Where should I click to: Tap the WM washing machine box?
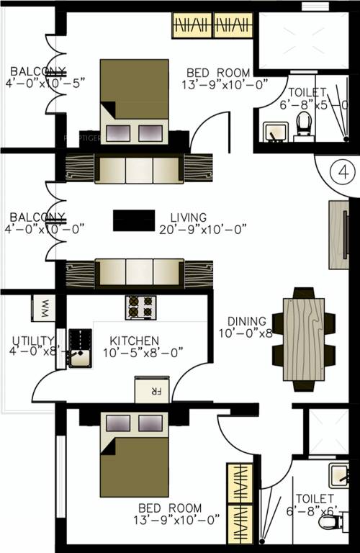pyautogui.click(x=42, y=308)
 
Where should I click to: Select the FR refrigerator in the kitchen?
pyautogui.click(x=152, y=389)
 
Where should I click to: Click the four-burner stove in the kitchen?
pyautogui.click(x=141, y=307)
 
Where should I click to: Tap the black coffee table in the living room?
pyautogui.click(x=134, y=220)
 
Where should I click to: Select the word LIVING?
pyautogui.click(x=189, y=217)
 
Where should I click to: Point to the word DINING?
pyautogui.click(x=247, y=321)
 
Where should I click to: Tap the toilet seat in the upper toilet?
pyautogui.click(x=302, y=127)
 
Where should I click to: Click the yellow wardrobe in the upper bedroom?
pyautogui.click(x=214, y=27)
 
